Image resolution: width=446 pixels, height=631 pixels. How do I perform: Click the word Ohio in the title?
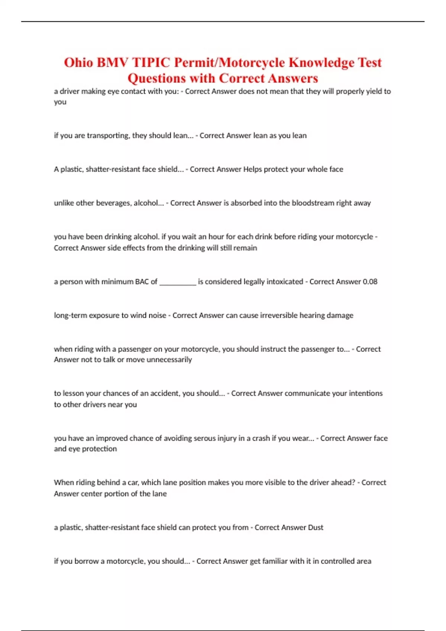click(78, 62)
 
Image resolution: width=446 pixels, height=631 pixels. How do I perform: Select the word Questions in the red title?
click(156, 78)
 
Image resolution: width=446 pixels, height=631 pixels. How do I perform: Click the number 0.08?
click(370, 282)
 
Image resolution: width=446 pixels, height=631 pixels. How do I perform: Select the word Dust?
click(316, 527)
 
